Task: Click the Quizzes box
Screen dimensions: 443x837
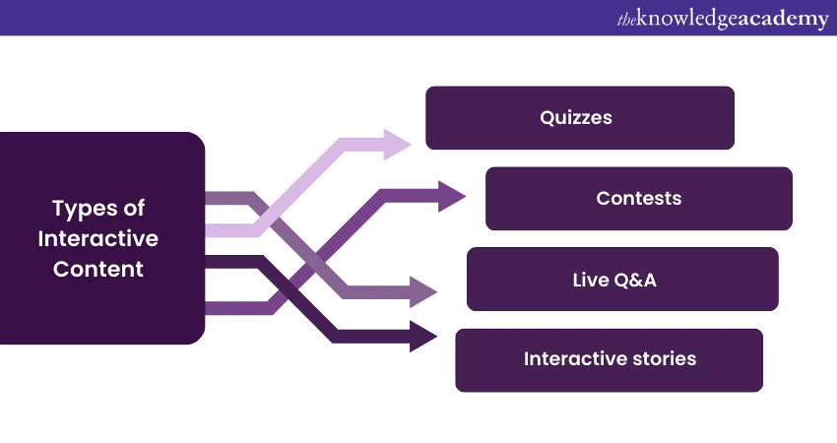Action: click(x=579, y=117)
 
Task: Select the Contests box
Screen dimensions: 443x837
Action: click(x=638, y=198)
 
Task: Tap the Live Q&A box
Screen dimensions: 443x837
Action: click(x=622, y=279)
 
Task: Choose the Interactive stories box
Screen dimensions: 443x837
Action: click(x=609, y=359)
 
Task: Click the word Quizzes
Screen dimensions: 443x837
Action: click(x=576, y=117)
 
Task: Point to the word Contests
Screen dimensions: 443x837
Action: click(x=638, y=198)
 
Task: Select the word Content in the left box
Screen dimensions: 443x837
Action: click(x=98, y=269)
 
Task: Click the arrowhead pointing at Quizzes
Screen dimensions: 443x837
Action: click(x=398, y=145)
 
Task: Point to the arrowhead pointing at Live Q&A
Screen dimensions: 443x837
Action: click(x=423, y=291)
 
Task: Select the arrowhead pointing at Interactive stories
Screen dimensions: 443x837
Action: click(x=423, y=336)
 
